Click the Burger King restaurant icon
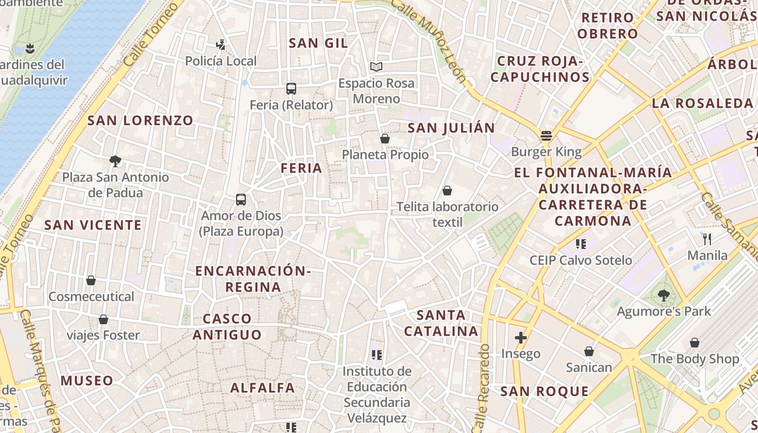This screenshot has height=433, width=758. pos(546,135)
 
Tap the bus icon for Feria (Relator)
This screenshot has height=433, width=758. pos(291,89)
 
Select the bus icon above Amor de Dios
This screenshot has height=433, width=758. pos(241,200)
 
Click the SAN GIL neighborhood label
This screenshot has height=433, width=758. pos(318,43)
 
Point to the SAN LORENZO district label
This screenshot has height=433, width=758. pos(140,121)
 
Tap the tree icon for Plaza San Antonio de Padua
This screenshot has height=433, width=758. pos(115,161)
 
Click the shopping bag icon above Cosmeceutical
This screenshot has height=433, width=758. pos(91,280)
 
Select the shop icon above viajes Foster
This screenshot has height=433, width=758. pos(103,319)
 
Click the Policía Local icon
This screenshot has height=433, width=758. pos(220,45)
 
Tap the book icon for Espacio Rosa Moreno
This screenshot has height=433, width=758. pos(376,67)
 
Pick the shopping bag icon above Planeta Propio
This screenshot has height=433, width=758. pos(385,139)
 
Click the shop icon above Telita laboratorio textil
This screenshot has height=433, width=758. pos(447,191)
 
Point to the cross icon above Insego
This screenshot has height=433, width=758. pos(521,338)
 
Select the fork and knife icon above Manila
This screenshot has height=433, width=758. pos(707,239)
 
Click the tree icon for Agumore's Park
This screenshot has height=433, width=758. pos(664,296)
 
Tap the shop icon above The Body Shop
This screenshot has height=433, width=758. pos(695,343)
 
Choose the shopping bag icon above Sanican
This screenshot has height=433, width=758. pos(589,351)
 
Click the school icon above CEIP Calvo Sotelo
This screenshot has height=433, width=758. pos(581,244)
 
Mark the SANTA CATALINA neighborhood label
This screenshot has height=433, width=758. pos(441,323)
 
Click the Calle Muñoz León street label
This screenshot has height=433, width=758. pos(428,41)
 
